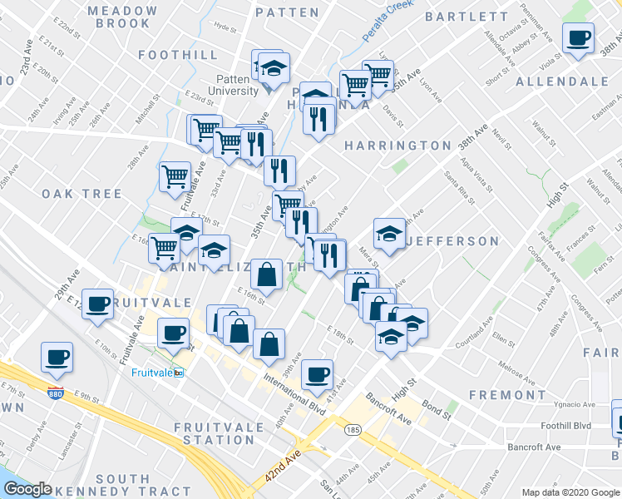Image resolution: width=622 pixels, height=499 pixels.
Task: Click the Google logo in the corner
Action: pos(28,489)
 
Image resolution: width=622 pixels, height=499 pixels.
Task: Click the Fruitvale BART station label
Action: pos(157,373)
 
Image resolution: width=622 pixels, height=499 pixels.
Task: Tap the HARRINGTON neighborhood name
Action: pos(397,146)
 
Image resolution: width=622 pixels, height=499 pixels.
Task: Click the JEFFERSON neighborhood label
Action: pos(452,242)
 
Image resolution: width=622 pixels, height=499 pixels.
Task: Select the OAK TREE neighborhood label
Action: pos(81,194)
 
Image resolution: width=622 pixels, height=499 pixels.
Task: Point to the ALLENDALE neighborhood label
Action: pos(562,82)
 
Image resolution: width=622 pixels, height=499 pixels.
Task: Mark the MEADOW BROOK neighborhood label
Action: pos(122,17)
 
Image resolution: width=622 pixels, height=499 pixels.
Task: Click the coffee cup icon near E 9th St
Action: pos(57,358)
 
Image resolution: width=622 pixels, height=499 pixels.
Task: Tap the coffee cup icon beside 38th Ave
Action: pos(577,37)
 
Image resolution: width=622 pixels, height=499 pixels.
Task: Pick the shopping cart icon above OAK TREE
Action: pos(174,176)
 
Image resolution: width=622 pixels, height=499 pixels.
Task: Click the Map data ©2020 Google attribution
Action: pos(570,492)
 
